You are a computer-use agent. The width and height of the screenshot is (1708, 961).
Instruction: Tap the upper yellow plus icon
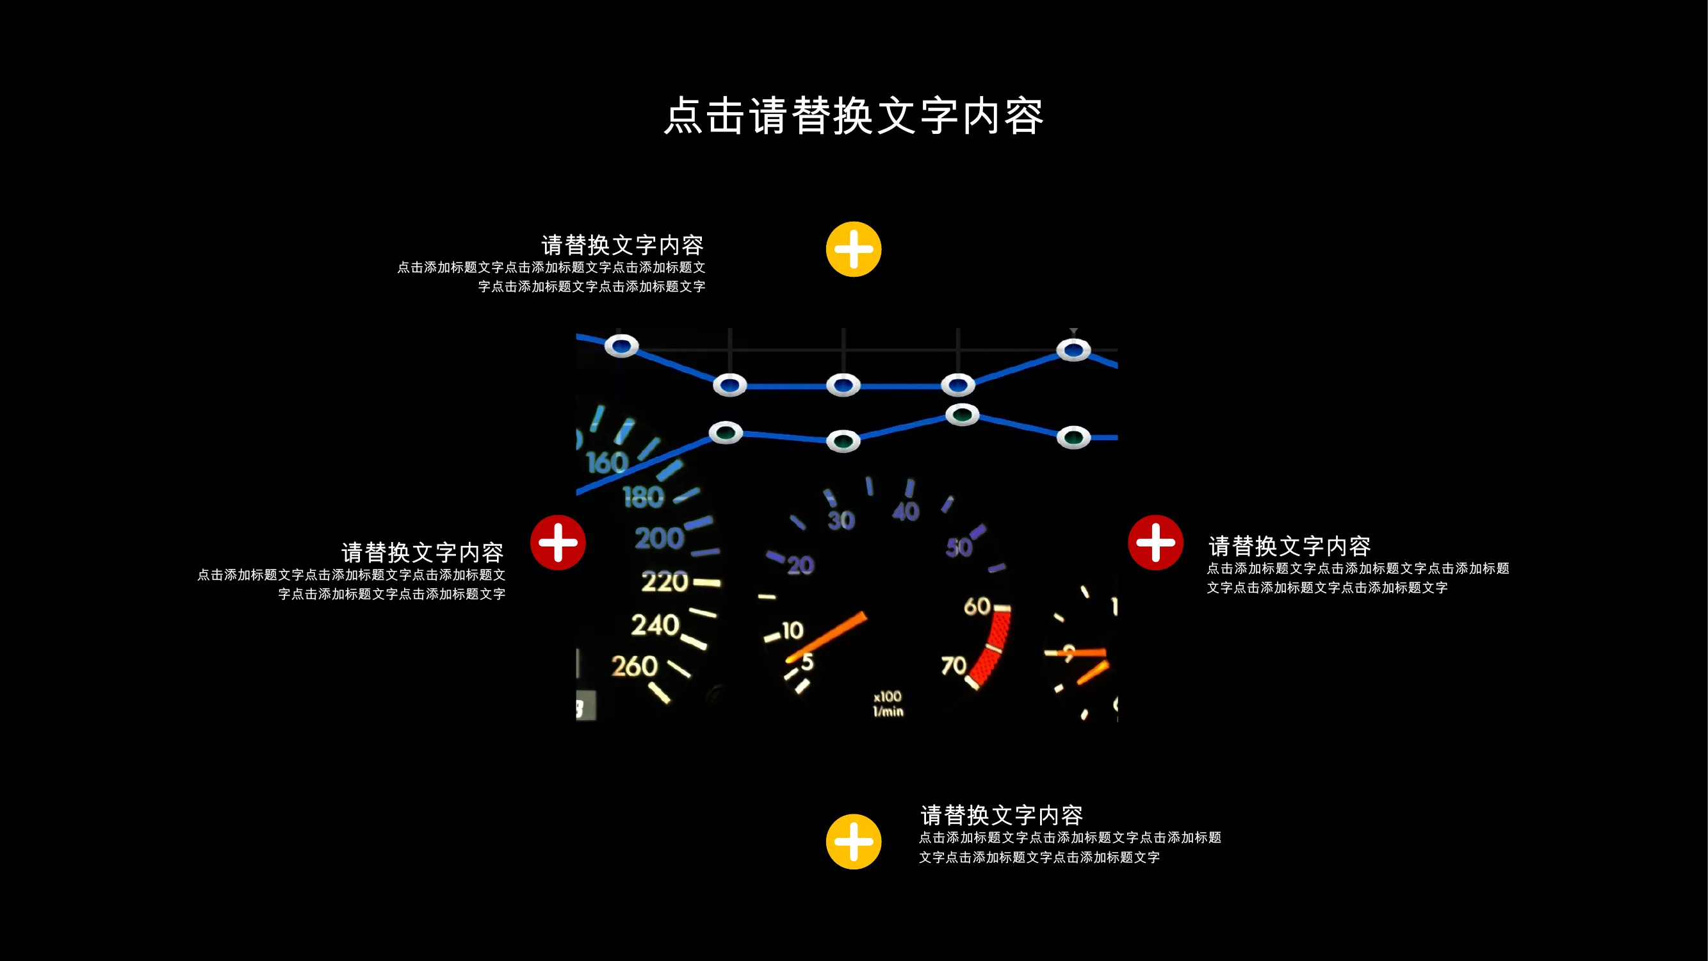(x=853, y=249)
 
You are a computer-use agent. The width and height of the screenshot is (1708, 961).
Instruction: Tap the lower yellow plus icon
(x=853, y=842)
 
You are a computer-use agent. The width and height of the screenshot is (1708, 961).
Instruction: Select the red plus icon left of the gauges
(x=558, y=543)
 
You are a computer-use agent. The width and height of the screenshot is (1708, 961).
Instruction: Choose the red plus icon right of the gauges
(x=1155, y=543)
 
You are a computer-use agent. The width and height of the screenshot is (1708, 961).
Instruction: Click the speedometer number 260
(x=634, y=666)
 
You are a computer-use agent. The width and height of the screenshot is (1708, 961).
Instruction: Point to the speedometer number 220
(x=664, y=582)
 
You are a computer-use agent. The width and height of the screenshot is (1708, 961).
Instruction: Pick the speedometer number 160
(x=606, y=463)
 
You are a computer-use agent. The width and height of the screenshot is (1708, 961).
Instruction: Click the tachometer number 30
(x=841, y=520)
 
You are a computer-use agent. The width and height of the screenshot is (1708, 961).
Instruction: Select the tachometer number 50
(x=959, y=547)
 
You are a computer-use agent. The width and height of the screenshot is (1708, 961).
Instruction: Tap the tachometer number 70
(x=954, y=664)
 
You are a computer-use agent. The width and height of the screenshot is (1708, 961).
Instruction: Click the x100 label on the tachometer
(x=887, y=696)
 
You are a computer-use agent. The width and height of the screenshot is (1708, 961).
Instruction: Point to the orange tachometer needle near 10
(x=826, y=637)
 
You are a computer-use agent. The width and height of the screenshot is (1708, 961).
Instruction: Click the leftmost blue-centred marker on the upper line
(x=621, y=345)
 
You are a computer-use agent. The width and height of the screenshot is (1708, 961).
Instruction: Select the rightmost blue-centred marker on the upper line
(x=1073, y=350)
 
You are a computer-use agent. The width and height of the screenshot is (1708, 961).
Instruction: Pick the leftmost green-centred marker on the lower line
(x=726, y=433)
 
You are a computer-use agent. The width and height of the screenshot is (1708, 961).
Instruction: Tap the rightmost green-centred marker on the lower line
(x=1073, y=437)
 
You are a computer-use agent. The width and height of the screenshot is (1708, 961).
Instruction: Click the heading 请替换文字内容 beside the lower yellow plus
(x=1001, y=815)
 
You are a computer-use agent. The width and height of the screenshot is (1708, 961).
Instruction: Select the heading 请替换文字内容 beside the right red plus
(x=1289, y=546)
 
